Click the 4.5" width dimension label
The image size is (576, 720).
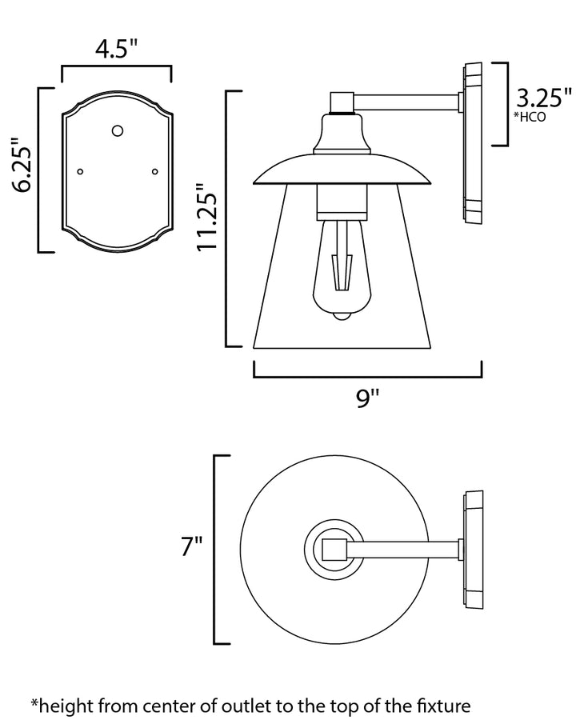click(x=117, y=49)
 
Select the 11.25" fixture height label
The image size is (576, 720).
click(x=206, y=218)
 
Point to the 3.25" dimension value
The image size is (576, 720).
click(x=544, y=98)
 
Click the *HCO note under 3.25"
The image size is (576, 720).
click(x=530, y=117)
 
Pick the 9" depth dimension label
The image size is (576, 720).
click(x=368, y=398)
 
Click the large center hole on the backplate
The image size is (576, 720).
click(x=118, y=131)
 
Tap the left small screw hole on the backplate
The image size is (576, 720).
click(x=80, y=172)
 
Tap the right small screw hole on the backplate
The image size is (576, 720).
click(x=154, y=172)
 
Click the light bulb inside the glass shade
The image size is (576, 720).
click(x=342, y=270)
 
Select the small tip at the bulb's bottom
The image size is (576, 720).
click(x=342, y=315)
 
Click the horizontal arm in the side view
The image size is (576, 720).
click(x=406, y=102)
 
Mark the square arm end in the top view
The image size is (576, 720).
click(x=334, y=549)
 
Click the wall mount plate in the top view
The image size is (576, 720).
click(x=473, y=550)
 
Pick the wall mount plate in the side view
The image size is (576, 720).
click(x=473, y=143)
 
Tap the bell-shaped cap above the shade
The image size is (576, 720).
click(x=342, y=134)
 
